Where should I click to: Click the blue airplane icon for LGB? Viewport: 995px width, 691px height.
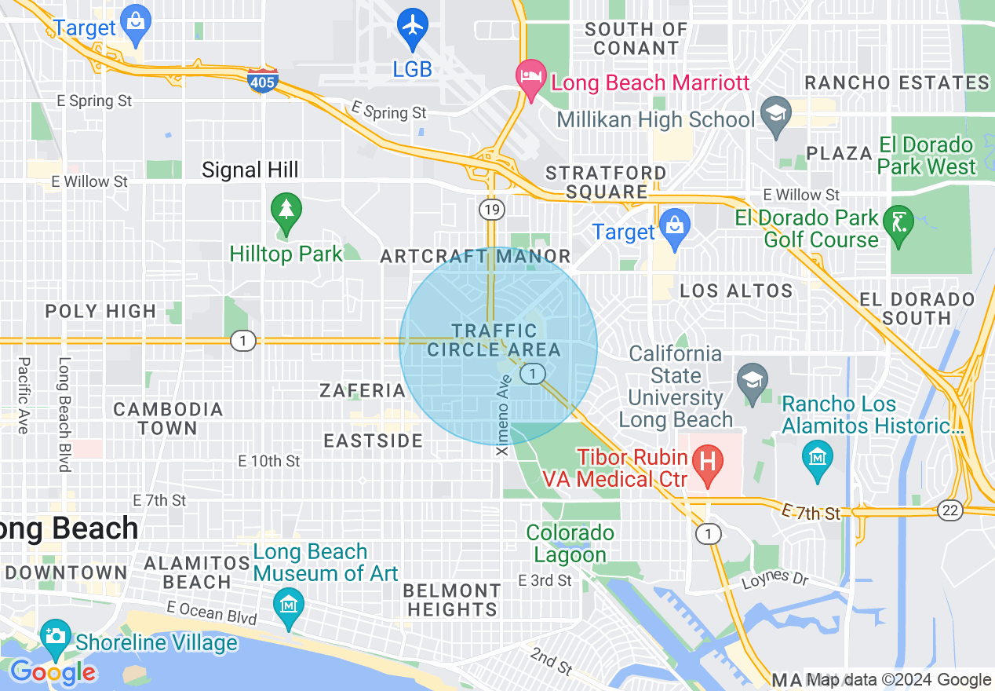point(413,25)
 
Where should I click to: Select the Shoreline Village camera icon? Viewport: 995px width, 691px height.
point(56,635)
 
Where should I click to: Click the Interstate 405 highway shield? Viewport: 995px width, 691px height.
point(262,80)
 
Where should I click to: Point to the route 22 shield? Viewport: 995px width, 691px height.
point(950,510)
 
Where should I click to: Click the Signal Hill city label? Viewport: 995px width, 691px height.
point(250,170)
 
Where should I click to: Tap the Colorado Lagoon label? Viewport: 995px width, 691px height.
point(570,543)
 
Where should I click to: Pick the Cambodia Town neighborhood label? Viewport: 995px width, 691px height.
point(168,419)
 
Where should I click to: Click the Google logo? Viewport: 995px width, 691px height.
point(53,672)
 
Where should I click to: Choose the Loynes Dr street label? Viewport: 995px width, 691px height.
point(775,579)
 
